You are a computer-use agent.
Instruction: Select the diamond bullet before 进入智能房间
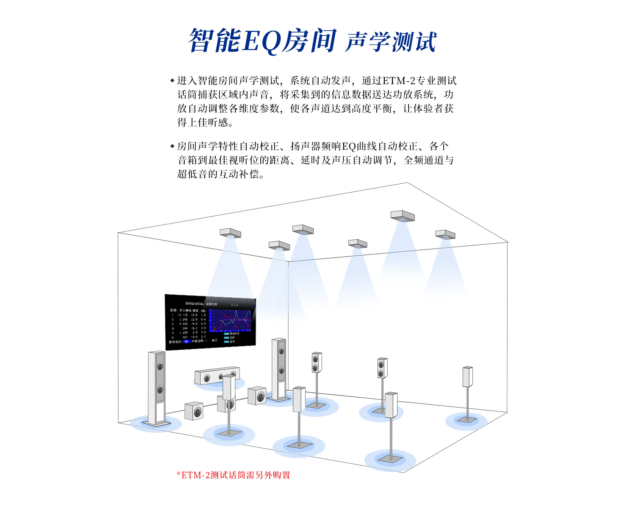172,80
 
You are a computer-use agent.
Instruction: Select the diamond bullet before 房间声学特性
172,146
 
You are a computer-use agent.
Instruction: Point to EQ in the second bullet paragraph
349,147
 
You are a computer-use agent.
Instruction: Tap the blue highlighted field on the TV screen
186,341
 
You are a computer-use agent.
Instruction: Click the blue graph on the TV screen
230,320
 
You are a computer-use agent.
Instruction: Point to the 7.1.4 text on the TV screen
234,305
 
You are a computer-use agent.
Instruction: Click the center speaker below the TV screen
217,376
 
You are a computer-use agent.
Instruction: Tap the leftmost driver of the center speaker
207,378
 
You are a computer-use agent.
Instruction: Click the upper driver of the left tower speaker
160,366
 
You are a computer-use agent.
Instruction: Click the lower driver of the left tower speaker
160,389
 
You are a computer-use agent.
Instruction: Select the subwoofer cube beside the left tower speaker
194,411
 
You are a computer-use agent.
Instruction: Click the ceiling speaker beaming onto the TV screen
230,233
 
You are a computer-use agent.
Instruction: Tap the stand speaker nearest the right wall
467,377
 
